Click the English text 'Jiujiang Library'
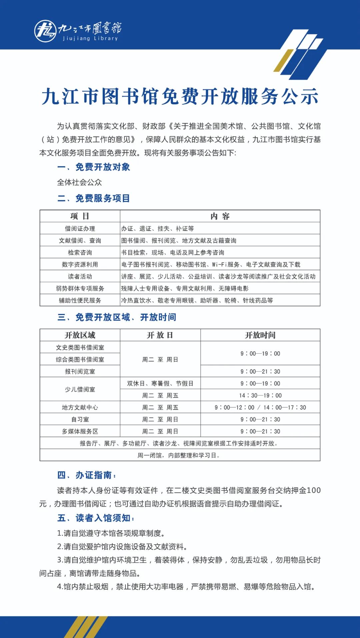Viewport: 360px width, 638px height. click(x=90, y=38)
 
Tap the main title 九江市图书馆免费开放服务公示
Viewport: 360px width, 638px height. click(x=180, y=97)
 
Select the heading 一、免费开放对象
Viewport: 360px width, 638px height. click(x=94, y=167)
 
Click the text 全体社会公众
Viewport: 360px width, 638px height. click(x=79, y=182)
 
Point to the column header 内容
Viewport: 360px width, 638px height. click(x=220, y=216)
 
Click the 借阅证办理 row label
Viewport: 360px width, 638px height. click(x=80, y=229)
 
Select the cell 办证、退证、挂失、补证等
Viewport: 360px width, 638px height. click(x=157, y=229)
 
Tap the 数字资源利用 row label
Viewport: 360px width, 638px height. click(x=80, y=265)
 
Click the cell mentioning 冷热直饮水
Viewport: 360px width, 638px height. click(x=197, y=301)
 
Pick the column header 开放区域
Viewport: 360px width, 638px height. click(x=80, y=335)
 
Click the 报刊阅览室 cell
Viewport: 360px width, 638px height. click(x=80, y=372)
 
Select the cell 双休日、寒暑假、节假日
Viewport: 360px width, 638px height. click(x=160, y=384)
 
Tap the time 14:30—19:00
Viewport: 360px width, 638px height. click(x=260, y=396)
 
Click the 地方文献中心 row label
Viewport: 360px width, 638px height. click(x=80, y=408)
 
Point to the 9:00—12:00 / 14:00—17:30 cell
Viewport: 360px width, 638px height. click(x=260, y=408)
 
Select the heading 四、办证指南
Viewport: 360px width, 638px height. click(x=87, y=475)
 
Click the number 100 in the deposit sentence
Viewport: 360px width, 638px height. click(x=314, y=490)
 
